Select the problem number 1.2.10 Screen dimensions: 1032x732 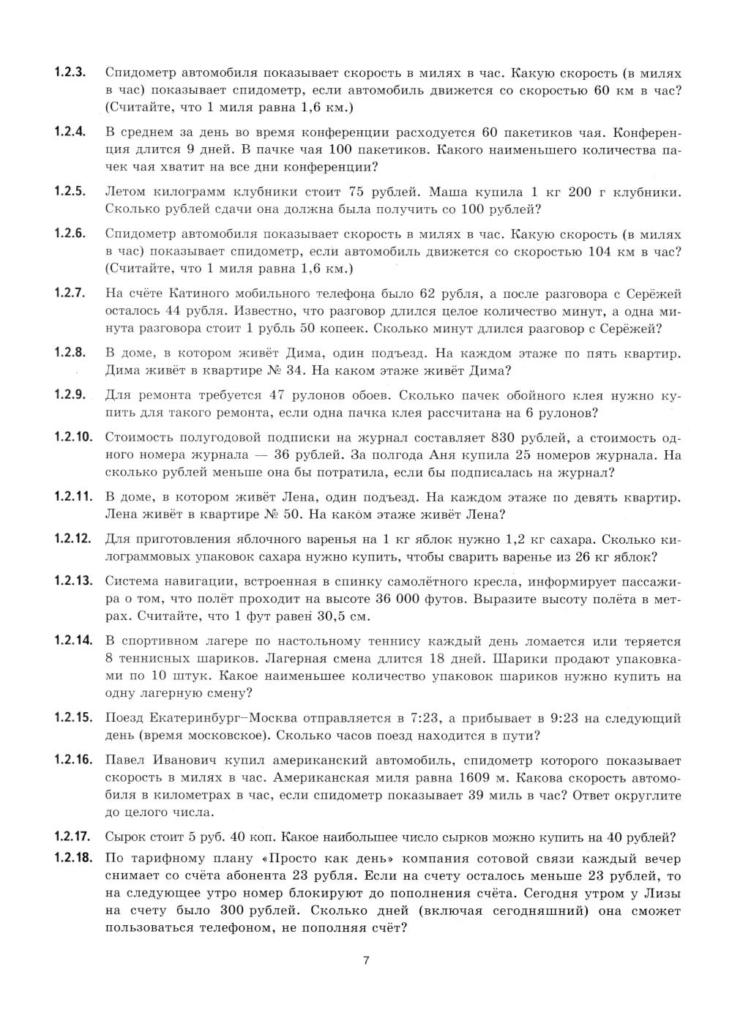coord(72,438)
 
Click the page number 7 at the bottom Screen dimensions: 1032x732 coord(366,961)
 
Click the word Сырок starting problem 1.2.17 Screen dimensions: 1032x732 coord(126,837)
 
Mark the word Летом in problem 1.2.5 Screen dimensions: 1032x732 coord(128,192)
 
